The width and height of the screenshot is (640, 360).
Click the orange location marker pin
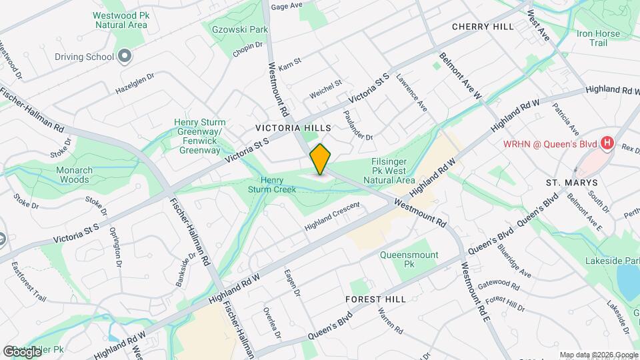pos(320,159)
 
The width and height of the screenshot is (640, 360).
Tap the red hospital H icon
pos(607,143)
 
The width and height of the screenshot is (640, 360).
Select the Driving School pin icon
pos(124,57)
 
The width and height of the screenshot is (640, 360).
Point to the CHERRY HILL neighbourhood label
pos(483,27)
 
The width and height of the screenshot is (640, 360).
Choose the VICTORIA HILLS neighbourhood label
pos(293,127)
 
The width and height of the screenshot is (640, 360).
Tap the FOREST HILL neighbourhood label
pos(375,300)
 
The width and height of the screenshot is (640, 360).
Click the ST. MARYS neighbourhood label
pos(571,183)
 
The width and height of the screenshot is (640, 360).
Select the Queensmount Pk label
pos(409,259)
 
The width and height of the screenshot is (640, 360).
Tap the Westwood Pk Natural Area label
pos(121,20)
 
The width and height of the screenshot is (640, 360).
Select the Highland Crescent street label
pos(332,217)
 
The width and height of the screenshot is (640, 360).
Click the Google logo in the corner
pos(22,351)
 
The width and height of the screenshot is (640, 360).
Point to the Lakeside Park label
pos(612,261)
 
